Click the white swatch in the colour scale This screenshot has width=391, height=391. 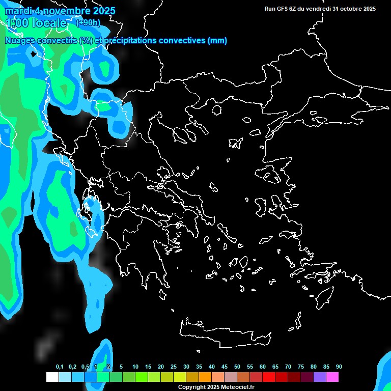52,377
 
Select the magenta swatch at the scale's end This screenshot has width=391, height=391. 332,377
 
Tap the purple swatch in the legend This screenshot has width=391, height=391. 320,377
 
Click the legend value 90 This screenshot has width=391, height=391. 339,367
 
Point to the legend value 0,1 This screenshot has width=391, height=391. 60,367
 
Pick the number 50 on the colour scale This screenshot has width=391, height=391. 237,367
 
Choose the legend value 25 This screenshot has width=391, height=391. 174,367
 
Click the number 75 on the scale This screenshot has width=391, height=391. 301,367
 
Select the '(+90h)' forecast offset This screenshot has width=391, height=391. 88,22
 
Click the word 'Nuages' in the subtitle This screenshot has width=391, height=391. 20,41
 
